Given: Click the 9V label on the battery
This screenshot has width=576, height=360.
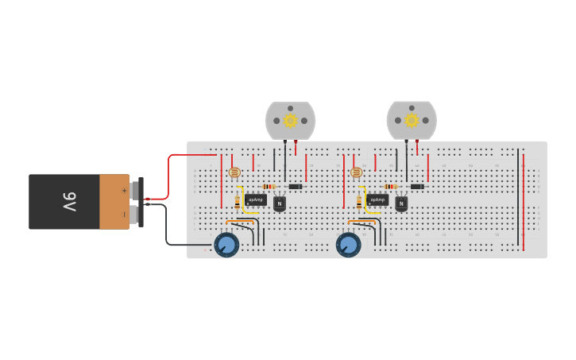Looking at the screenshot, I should pyautogui.click(x=69, y=202).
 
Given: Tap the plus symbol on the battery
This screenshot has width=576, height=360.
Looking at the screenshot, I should pyautogui.click(x=124, y=190).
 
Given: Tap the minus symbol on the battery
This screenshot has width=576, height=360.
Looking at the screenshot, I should pyautogui.click(x=124, y=215).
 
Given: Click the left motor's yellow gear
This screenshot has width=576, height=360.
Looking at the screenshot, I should pyautogui.click(x=290, y=120).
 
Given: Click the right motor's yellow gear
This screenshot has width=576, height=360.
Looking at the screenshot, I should pyautogui.click(x=412, y=120).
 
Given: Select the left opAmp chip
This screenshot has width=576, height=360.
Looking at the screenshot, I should pyautogui.click(x=256, y=200).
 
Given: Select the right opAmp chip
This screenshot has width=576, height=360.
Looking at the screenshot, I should pyautogui.click(x=377, y=200).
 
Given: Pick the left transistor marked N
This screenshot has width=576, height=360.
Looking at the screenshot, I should pyautogui.click(x=280, y=203).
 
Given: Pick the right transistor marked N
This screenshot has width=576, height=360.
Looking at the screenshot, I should pyautogui.click(x=401, y=203).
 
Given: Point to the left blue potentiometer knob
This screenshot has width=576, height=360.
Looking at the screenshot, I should pyautogui.click(x=226, y=245).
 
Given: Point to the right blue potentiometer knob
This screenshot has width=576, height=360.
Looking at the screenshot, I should pyautogui.click(x=348, y=245).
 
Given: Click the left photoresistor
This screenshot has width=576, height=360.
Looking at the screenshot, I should pyautogui.click(x=234, y=172).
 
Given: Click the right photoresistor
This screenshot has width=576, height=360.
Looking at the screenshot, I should pyautogui.click(x=356, y=172).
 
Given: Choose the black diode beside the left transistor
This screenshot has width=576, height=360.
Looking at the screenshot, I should pyautogui.click(x=296, y=187).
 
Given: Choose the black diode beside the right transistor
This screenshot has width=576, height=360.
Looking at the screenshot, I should pyautogui.click(x=417, y=187).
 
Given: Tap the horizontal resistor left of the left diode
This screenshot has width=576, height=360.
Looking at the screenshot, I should pyautogui.click(x=269, y=187).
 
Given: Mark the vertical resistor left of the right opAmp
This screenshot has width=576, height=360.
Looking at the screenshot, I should pyautogui.click(x=359, y=202).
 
